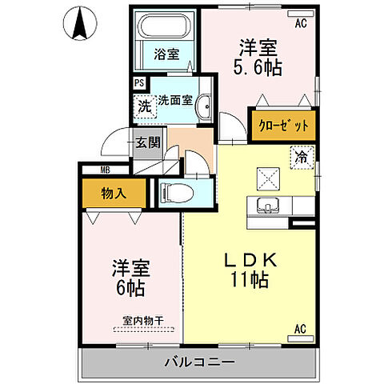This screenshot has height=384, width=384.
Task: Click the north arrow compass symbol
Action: point(79,24)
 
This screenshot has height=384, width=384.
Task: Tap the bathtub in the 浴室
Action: point(165,30)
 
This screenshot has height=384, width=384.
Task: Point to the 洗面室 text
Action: point(174,101)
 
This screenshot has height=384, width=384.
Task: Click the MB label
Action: point(105,170)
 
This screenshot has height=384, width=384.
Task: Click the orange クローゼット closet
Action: point(283,126)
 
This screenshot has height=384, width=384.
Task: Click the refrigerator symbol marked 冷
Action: point(303,158)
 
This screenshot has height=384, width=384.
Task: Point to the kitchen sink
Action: point(266,206)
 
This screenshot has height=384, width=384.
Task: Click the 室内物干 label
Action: point(142,322)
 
